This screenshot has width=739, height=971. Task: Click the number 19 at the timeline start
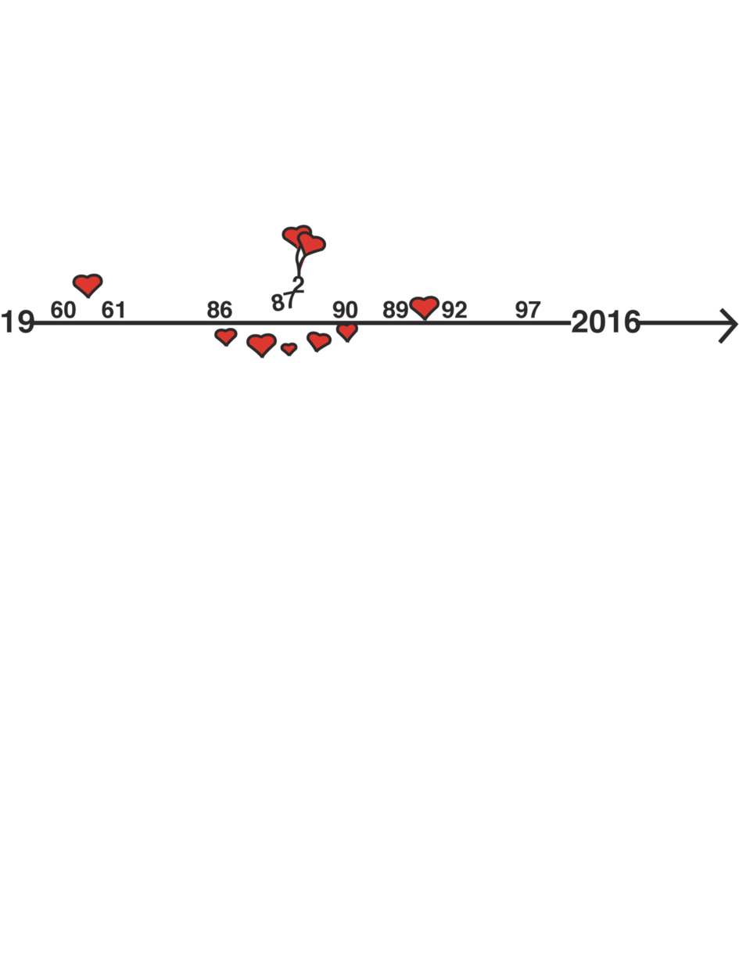pos(17,322)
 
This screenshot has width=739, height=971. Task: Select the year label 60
pos(63,310)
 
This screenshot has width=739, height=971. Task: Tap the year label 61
pos(113,310)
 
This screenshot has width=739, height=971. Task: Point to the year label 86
pos(219,310)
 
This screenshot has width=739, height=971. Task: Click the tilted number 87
pos(282,302)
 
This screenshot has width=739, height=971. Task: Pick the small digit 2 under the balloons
pos(299,285)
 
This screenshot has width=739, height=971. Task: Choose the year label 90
pos(345,310)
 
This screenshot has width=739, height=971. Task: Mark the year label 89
pos(395,310)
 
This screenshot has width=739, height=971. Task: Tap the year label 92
pos(454,310)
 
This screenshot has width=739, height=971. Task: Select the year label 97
pos(528,310)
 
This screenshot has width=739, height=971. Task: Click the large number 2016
pos(606,322)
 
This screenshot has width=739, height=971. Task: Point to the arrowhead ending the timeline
pos(728,325)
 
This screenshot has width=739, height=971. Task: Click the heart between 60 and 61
pos(88,285)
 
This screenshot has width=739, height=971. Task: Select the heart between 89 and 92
pos(425,307)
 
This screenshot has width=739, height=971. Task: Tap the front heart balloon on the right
pos(311,244)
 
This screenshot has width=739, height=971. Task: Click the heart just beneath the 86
pos(226,336)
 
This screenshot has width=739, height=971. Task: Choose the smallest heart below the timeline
pos(289,349)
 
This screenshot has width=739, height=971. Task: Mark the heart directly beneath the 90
pos(347,331)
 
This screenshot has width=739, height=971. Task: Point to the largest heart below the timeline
pos(262,344)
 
